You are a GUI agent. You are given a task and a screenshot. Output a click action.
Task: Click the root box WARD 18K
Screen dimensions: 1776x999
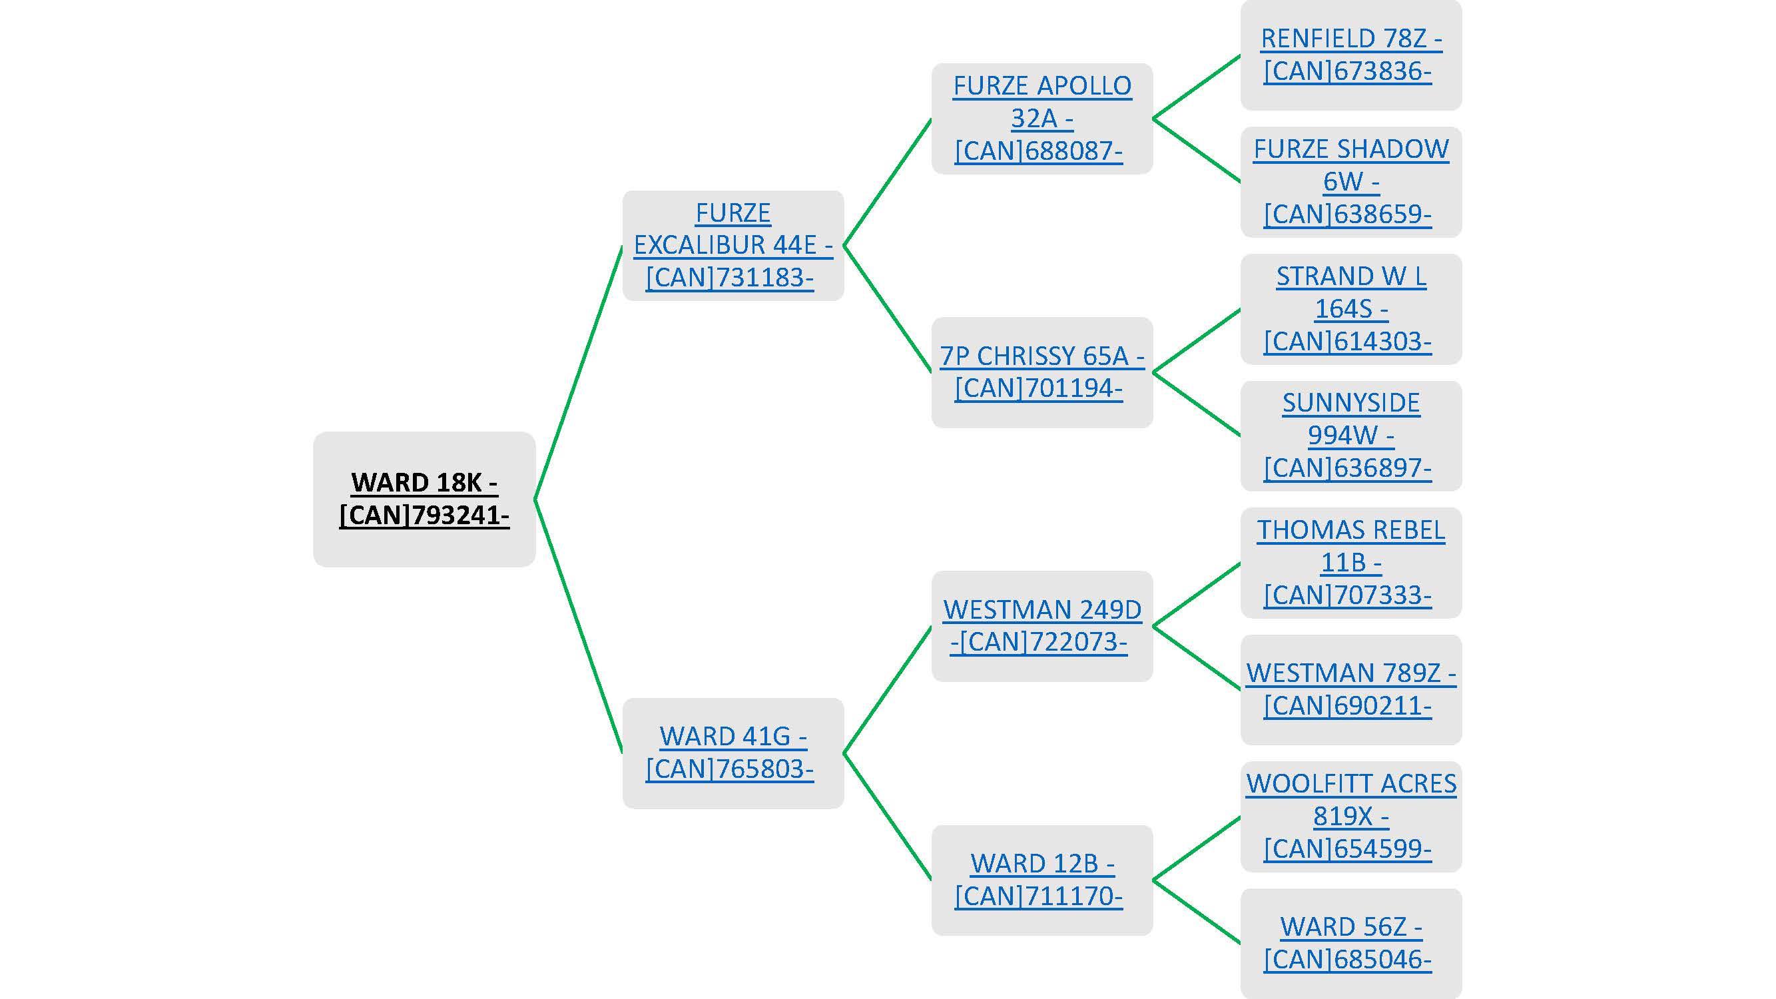424,499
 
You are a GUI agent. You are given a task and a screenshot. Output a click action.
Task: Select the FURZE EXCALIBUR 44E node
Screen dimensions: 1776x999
733,246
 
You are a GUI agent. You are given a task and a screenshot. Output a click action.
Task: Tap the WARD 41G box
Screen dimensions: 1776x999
733,753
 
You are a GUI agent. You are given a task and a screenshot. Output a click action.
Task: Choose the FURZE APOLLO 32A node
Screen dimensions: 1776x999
1041,119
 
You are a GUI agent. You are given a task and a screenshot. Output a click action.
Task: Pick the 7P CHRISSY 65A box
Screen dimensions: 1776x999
1041,372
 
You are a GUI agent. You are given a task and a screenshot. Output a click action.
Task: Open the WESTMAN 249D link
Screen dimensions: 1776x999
1041,626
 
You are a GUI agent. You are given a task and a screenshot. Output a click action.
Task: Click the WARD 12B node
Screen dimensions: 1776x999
1041,880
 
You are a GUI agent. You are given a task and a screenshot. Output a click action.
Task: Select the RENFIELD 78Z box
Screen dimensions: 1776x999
1350,55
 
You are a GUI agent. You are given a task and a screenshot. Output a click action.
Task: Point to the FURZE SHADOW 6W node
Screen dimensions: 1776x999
1350,182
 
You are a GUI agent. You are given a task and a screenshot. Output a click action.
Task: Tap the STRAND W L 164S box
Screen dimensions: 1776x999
1350,309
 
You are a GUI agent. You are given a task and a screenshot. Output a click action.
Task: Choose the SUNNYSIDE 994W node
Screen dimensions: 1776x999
1350,436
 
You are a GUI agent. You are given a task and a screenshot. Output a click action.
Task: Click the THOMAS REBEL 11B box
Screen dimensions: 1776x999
1350,563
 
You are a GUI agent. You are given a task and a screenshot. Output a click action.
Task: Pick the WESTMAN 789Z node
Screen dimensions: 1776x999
1350,689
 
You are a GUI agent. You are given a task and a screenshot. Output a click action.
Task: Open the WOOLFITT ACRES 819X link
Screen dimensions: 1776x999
1350,817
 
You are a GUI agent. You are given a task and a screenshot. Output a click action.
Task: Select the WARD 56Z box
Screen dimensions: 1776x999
1350,943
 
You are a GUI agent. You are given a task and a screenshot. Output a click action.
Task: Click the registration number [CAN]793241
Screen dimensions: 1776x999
424,515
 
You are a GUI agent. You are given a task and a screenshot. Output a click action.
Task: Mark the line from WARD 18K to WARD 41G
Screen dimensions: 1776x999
579,626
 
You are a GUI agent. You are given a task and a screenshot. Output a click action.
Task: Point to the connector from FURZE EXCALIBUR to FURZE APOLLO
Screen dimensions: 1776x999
887,182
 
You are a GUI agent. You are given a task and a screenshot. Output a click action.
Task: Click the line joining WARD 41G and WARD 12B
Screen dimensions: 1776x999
887,817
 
